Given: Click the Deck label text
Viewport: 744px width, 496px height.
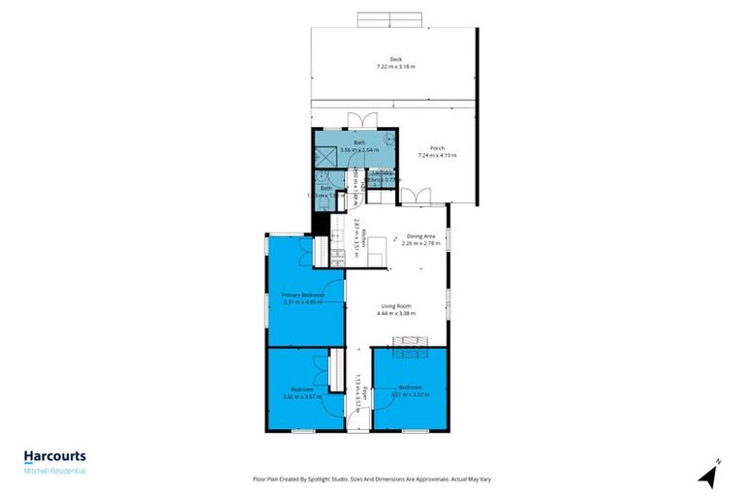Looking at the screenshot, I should [394, 59].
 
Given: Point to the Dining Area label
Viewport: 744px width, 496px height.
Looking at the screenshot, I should [421, 236].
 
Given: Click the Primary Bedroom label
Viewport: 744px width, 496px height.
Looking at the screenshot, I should [303, 294].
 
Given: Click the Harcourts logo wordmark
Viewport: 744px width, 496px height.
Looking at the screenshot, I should [55, 455].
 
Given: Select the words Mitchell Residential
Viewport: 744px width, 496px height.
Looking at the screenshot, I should [55, 471].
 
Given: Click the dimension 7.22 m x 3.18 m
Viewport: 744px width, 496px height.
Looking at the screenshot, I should [394, 66].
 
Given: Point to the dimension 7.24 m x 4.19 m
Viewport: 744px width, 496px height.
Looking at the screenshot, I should [437, 155].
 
